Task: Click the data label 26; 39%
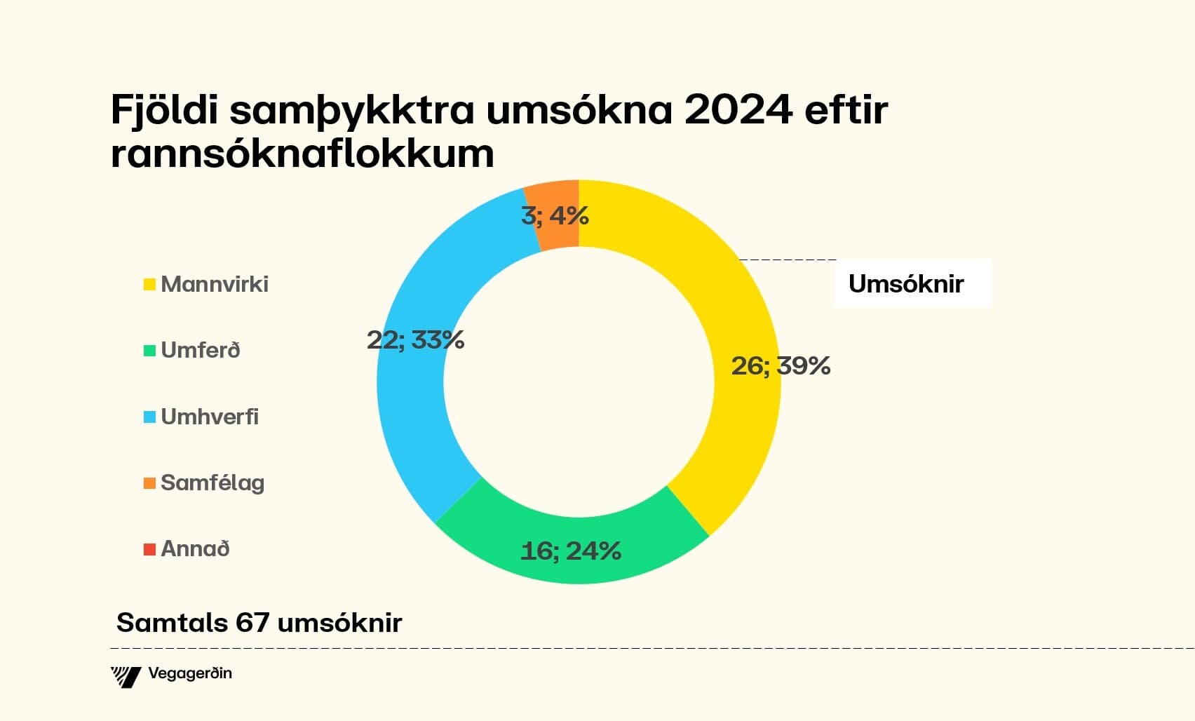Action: pos(781,366)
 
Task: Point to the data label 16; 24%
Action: pos(571,551)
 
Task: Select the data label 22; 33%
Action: pos(415,340)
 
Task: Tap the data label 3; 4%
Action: pos(554,215)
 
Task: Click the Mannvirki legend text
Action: pos(215,284)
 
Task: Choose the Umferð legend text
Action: pos(201,350)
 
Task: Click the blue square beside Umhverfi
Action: pos(149,417)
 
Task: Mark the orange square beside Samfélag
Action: pos(149,483)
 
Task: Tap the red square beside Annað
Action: pos(149,549)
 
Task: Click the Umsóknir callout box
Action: pos(912,284)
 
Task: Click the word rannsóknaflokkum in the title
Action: pos(302,153)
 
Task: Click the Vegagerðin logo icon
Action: pos(126,676)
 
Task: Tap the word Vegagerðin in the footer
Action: pos(190,674)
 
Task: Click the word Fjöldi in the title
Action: pos(164,110)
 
